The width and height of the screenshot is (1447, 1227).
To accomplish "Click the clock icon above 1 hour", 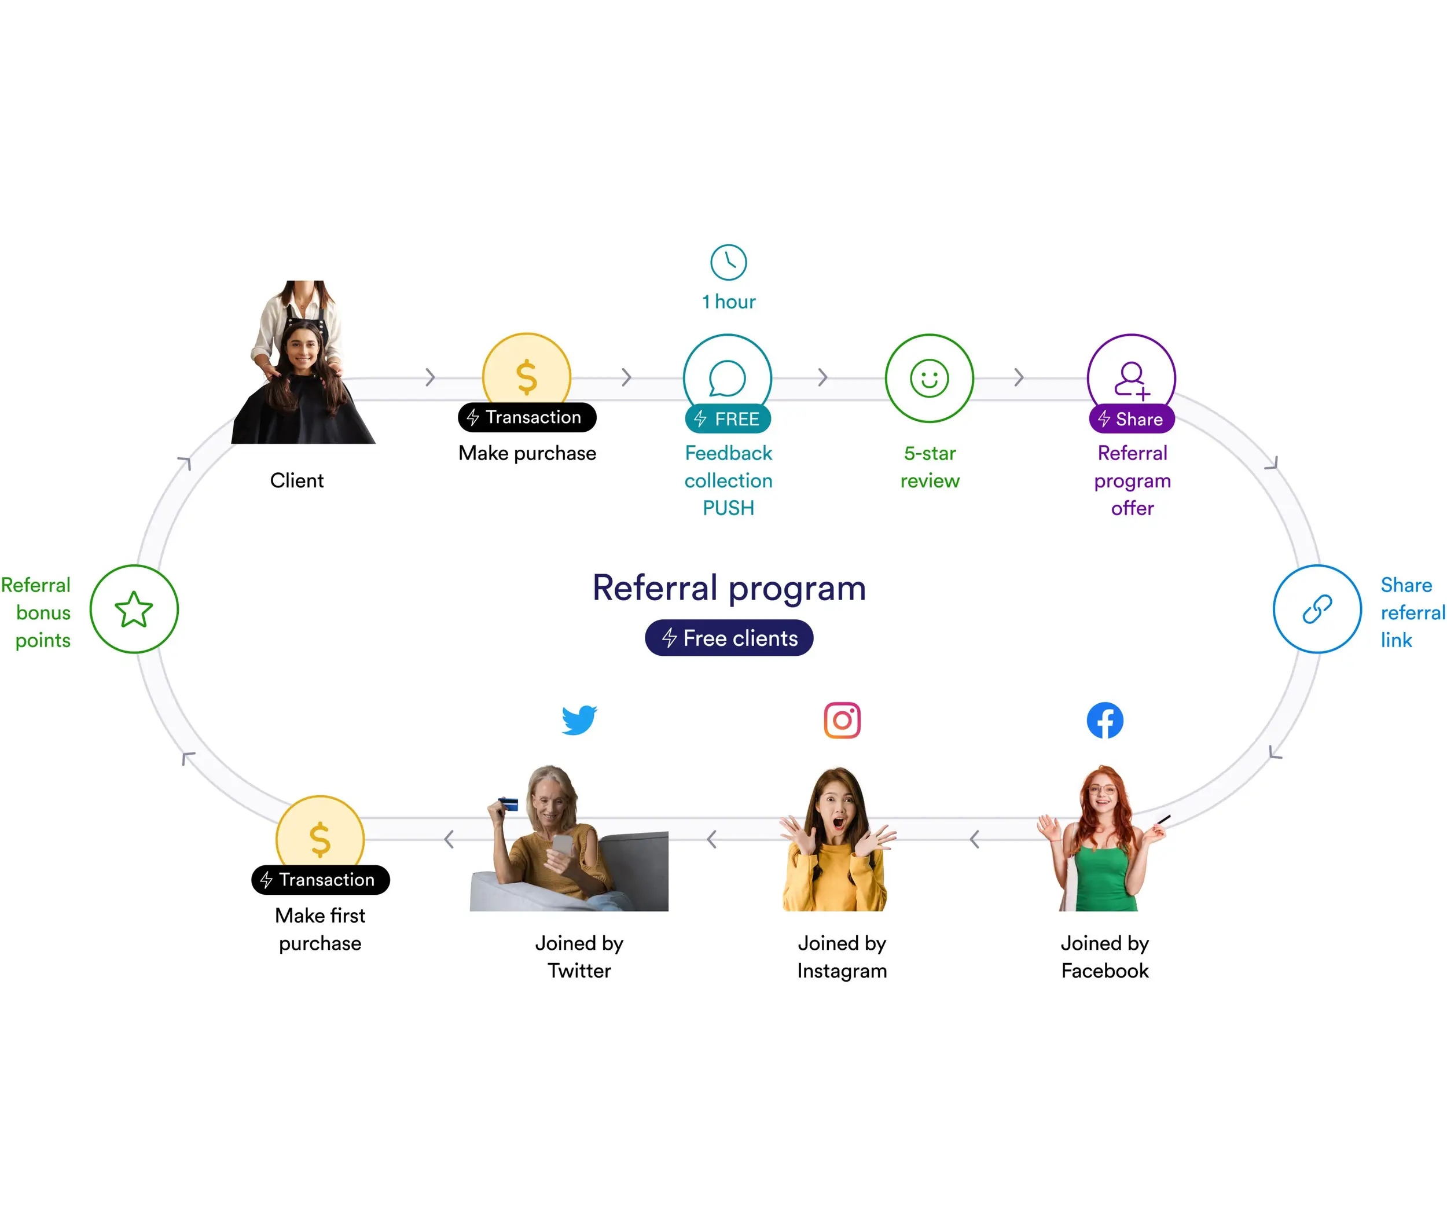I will [728, 262].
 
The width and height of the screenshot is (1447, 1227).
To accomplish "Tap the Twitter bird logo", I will [579, 720].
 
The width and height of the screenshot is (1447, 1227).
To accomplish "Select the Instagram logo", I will [842, 720].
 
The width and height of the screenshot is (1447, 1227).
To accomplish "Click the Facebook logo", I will [1105, 720].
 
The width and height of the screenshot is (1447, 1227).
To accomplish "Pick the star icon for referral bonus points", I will [134, 609].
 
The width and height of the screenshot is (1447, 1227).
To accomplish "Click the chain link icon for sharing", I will [1317, 609].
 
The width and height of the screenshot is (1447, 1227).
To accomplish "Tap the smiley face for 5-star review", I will [929, 379].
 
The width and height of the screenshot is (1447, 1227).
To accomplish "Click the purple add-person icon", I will [1131, 379].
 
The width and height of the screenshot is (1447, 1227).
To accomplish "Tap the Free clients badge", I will [729, 638].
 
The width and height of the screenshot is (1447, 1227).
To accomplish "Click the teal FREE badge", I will [728, 418].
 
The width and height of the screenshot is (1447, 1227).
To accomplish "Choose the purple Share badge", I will [1131, 418].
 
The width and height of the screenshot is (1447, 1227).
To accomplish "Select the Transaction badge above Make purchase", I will [527, 417].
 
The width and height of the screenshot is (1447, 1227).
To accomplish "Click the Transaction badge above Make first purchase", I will [320, 880].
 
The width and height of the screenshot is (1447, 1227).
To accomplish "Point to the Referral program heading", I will [729, 588].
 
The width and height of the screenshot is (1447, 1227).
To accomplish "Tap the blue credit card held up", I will [509, 804].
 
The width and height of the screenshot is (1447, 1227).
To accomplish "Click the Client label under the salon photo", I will [296, 480].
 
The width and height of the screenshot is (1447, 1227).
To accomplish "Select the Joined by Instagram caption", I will [842, 956].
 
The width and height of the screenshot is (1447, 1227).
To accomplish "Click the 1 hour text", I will [728, 302].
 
